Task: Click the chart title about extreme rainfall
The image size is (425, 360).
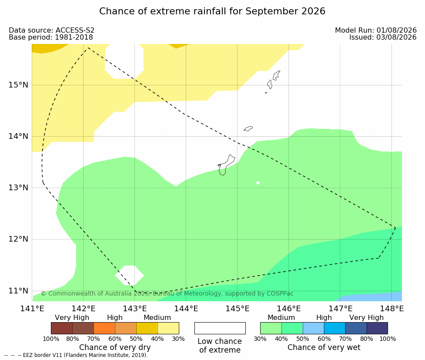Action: tap(212, 11)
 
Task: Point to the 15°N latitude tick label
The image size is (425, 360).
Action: tap(18, 85)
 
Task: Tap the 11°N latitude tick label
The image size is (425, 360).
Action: tap(18, 291)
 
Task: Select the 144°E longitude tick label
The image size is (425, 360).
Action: tap(186, 309)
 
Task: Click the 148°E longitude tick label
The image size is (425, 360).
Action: tap(392, 309)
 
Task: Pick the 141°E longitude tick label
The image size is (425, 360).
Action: tap(32, 309)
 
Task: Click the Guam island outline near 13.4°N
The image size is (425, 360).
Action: tap(226, 165)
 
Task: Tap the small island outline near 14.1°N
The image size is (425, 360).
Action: tap(248, 128)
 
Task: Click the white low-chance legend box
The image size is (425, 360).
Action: tap(220, 328)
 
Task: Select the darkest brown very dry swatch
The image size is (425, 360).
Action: tap(62, 328)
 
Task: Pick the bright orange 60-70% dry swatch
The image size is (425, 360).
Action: tap(104, 328)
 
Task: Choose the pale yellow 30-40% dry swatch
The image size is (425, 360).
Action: tap(168, 328)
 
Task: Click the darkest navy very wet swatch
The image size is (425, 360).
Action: tap(377, 328)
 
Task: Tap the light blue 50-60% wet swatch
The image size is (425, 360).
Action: tap(313, 328)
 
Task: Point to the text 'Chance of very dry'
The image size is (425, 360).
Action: tap(115, 347)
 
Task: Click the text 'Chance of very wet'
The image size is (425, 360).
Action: tap(324, 347)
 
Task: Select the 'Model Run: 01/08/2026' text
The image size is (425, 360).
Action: tap(376, 30)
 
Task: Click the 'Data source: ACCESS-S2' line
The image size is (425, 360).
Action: tap(51, 30)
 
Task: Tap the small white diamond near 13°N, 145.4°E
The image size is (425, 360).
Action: tap(258, 183)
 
